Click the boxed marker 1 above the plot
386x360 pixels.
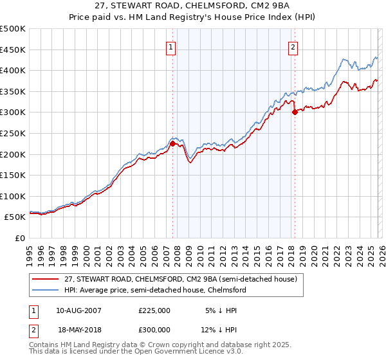coord(172,47)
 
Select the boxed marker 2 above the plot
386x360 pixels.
coord(293,47)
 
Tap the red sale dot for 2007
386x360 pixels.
coord(172,144)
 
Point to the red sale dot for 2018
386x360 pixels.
coord(295,112)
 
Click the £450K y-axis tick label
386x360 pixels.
coord(13,50)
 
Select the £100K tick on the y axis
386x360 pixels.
coord(13,196)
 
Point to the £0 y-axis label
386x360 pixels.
coord(21,238)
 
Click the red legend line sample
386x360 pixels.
coord(45,280)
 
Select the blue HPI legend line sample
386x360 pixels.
coord(45,291)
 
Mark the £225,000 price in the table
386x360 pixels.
coord(154,310)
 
